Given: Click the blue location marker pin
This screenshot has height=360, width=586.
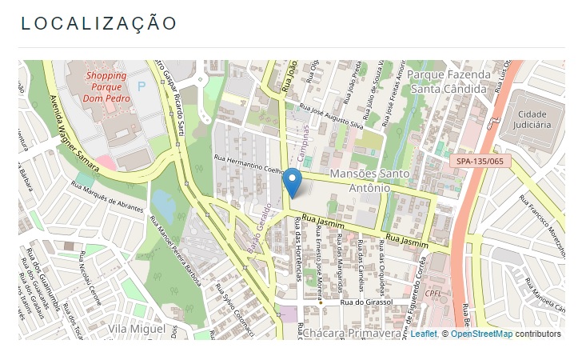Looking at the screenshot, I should [x=293, y=183].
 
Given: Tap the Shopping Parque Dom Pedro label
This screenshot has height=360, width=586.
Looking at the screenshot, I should [x=106, y=87].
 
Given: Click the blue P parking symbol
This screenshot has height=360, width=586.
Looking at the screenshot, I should [x=142, y=86].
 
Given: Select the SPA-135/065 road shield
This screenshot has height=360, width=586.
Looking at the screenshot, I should [x=480, y=161].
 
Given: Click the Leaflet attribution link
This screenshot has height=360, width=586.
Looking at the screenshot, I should [x=423, y=334].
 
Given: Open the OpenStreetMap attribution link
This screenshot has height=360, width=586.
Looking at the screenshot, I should [x=480, y=334].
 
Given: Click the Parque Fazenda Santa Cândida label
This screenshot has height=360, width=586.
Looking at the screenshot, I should [x=448, y=82].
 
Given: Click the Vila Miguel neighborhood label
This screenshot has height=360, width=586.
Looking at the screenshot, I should [x=138, y=329].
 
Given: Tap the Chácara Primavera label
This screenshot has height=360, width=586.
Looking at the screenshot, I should [x=350, y=333].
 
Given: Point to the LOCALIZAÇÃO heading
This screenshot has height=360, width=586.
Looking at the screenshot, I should [x=98, y=23].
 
